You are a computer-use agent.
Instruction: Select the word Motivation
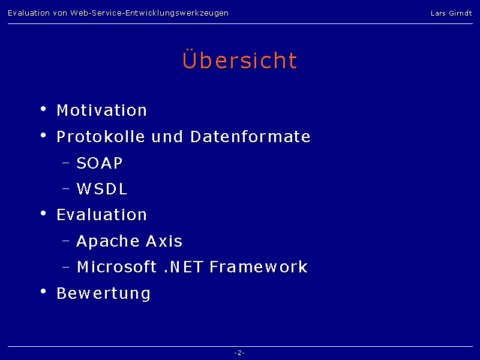point(102,110)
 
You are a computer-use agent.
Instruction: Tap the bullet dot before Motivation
point(43,109)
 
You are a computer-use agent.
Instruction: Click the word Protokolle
point(101,137)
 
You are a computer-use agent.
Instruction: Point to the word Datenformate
point(250,137)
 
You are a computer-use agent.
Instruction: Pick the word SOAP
point(100,163)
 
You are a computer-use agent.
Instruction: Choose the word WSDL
point(101,188)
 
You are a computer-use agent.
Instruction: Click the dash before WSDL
point(66,189)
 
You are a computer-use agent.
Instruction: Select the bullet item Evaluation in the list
point(102,215)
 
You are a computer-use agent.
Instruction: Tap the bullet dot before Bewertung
point(43,291)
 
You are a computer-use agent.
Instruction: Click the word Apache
point(108,241)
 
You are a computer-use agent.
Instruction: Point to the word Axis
point(164,241)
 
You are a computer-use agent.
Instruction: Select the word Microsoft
point(117,266)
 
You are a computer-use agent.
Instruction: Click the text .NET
point(184,266)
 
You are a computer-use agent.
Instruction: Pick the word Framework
point(259,266)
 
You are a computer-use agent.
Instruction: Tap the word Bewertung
point(103,293)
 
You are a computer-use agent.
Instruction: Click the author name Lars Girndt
point(451,13)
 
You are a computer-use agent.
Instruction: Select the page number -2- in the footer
point(239,353)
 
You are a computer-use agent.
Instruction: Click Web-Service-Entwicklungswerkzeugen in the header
point(149,13)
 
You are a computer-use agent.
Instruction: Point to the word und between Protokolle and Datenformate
point(167,137)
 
